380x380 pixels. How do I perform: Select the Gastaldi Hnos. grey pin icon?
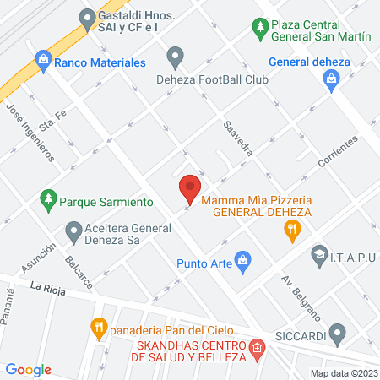point(85,17)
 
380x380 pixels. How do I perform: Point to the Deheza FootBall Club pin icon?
point(176,57)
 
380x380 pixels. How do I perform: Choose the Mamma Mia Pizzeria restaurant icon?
point(292,230)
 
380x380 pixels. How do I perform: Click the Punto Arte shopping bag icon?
point(243,261)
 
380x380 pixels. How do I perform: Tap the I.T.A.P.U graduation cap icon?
point(319,252)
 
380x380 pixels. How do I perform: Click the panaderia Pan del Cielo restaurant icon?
point(99,328)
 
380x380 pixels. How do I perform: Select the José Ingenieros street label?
point(30,133)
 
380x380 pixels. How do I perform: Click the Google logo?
point(29,369)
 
